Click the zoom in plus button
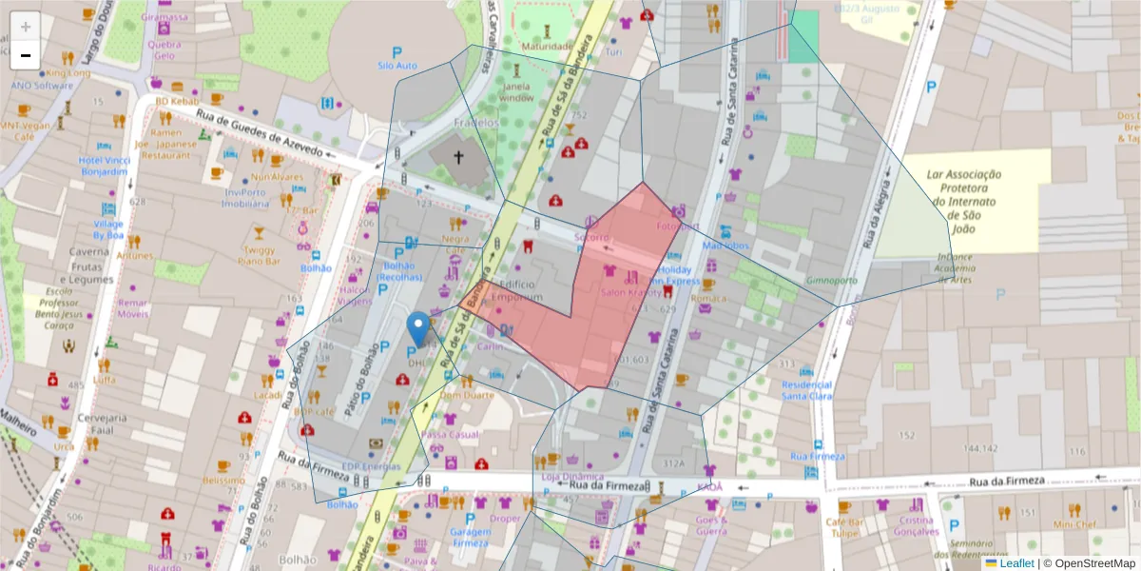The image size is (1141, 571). [26, 27]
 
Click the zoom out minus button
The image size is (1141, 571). [26, 55]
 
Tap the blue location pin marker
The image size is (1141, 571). [417, 329]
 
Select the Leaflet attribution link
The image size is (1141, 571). [1016, 563]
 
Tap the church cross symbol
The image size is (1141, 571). [458, 158]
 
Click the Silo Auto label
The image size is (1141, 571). [397, 66]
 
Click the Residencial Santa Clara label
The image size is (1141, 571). [806, 390]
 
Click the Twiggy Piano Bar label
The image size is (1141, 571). [258, 254]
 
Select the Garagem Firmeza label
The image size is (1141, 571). [470, 538]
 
